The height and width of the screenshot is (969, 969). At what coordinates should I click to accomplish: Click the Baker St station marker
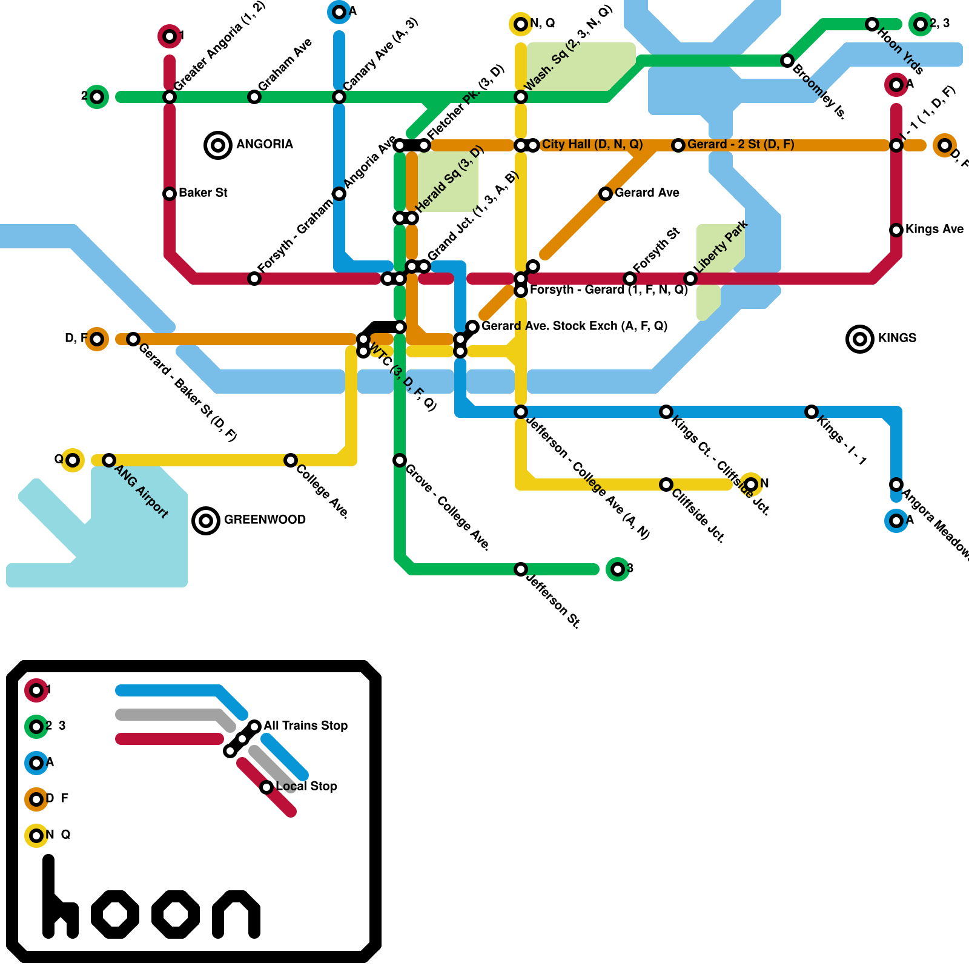(x=170, y=194)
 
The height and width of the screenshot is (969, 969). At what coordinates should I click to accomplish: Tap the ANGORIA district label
(x=264, y=144)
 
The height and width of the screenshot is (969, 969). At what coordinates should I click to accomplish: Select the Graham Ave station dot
(x=254, y=97)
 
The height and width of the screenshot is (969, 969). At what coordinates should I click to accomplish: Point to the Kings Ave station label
(x=934, y=229)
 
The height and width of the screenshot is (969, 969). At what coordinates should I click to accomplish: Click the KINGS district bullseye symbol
(x=859, y=339)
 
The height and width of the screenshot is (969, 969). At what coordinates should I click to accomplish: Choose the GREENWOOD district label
(x=265, y=520)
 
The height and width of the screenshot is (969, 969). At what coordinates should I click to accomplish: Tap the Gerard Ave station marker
(x=606, y=194)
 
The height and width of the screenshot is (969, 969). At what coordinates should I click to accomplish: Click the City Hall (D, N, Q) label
(x=592, y=144)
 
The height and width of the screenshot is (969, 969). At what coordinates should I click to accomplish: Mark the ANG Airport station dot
(x=109, y=460)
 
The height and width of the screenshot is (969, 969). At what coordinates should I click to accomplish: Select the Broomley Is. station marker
(x=787, y=61)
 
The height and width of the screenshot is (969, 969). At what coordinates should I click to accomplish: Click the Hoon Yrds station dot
(x=872, y=24)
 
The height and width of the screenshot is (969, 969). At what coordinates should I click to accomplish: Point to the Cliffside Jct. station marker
(x=666, y=484)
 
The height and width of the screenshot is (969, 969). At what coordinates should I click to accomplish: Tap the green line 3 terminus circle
(x=617, y=569)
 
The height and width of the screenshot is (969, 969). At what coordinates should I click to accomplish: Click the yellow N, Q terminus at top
(x=521, y=24)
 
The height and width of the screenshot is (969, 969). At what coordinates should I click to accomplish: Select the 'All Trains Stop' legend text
(x=305, y=726)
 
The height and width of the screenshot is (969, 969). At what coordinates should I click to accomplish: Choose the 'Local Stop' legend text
(x=306, y=786)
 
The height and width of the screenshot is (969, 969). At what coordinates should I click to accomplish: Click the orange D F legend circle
(x=36, y=799)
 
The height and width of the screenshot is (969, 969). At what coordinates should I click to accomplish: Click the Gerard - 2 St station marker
(x=678, y=145)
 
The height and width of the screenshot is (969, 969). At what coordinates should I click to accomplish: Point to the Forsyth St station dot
(x=630, y=279)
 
